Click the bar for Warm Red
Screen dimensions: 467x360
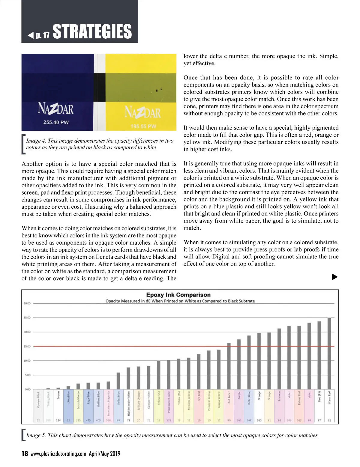pos(329,353)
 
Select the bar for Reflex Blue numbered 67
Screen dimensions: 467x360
pos(118,381)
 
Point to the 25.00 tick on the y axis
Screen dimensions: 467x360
pos(27,318)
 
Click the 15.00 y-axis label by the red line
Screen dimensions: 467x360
pos(27,347)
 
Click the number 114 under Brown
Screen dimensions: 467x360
pos(58,421)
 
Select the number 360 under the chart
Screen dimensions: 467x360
pos(259,421)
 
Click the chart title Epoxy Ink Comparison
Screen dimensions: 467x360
pos(178,295)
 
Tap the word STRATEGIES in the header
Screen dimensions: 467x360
pos(92,32)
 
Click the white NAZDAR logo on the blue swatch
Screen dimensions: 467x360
pos(55,109)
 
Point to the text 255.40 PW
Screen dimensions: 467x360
pos(56,122)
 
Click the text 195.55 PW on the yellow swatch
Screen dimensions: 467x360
pos(143,126)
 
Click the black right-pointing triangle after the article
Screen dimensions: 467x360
pos(334,277)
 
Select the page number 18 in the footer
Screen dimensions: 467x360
pos(25,454)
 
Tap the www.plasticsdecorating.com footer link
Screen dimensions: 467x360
pos(58,454)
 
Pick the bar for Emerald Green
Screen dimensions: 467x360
pos(78,386)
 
